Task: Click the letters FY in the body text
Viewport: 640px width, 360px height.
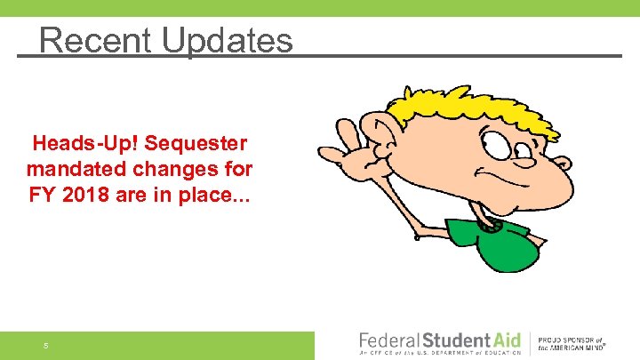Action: (43, 192)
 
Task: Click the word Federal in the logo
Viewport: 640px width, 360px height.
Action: (388, 340)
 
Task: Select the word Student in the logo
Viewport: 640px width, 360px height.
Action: (455, 340)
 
